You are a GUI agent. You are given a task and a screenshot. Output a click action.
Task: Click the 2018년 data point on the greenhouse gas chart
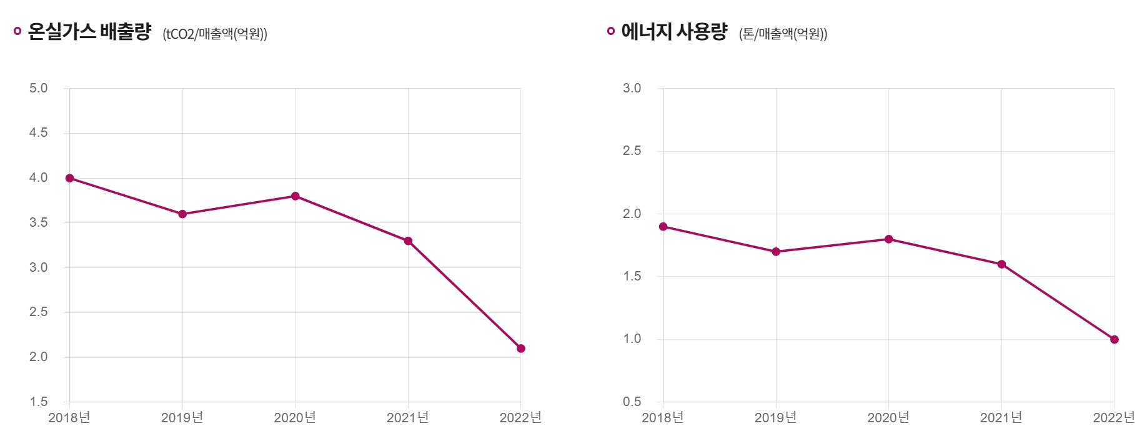point(69,178)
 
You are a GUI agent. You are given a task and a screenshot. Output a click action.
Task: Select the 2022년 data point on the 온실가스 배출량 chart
point(521,349)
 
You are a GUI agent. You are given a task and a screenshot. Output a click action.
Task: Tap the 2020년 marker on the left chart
point(295,196)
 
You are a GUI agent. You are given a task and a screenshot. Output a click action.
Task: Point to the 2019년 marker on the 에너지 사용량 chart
point(776,252)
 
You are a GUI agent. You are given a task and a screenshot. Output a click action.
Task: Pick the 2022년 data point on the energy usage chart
point(1115,340)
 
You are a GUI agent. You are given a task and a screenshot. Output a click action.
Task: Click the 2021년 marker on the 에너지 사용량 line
point(1001,264)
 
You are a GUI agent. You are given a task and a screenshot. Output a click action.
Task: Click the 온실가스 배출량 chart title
point(89,31)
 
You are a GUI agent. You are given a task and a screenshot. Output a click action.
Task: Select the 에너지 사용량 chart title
point(674,31)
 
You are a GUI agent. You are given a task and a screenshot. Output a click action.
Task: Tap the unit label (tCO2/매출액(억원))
point(215,34)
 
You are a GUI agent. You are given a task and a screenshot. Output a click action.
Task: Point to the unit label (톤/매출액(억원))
point(783,34)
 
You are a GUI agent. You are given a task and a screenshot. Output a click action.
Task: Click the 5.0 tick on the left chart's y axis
point(38,88)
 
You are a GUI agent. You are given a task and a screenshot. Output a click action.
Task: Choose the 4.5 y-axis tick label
point(38,132)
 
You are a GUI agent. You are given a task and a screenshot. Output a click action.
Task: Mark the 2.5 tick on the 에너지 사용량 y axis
point(632,151)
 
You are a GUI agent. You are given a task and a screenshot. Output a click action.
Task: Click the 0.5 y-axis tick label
point(632,402)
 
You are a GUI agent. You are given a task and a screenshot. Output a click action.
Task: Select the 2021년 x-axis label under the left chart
point(407,417)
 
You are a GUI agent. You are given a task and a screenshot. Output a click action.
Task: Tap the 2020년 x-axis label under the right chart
point(888,417)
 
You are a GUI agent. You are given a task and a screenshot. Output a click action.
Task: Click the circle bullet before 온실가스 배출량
point(17,31)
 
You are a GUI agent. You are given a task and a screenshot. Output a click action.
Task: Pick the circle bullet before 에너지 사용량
point(611,31)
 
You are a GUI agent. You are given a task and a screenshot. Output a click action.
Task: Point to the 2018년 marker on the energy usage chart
point(663,227)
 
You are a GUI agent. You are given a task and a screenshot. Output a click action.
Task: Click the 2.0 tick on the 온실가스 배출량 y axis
point(38,357)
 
